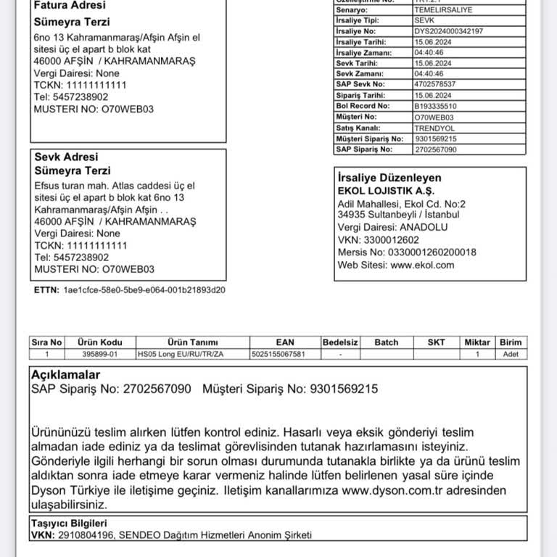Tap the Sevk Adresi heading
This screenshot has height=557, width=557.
pos(66,157)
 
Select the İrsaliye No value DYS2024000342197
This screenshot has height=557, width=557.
pos(449,31)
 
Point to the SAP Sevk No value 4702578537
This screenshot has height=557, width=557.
pos(435,84)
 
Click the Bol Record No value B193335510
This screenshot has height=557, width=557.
pos(435,106)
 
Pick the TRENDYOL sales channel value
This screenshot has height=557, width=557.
pos(434,128)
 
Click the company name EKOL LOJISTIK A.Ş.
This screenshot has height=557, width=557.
pos(386,191)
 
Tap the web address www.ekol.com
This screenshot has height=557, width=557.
pos(422,265)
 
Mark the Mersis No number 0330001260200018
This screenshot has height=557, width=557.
pos(432,252)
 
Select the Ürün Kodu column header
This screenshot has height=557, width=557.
pos(102,342)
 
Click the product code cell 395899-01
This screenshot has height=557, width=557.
pos(102,355)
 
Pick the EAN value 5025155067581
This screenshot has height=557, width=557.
pos(278,355)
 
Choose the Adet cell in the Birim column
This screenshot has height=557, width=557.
pos(511,355)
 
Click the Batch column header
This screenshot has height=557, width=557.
pos(387,342)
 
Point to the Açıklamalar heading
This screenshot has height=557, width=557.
pos(65,375)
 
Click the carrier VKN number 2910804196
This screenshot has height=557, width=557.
pos(86,535)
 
